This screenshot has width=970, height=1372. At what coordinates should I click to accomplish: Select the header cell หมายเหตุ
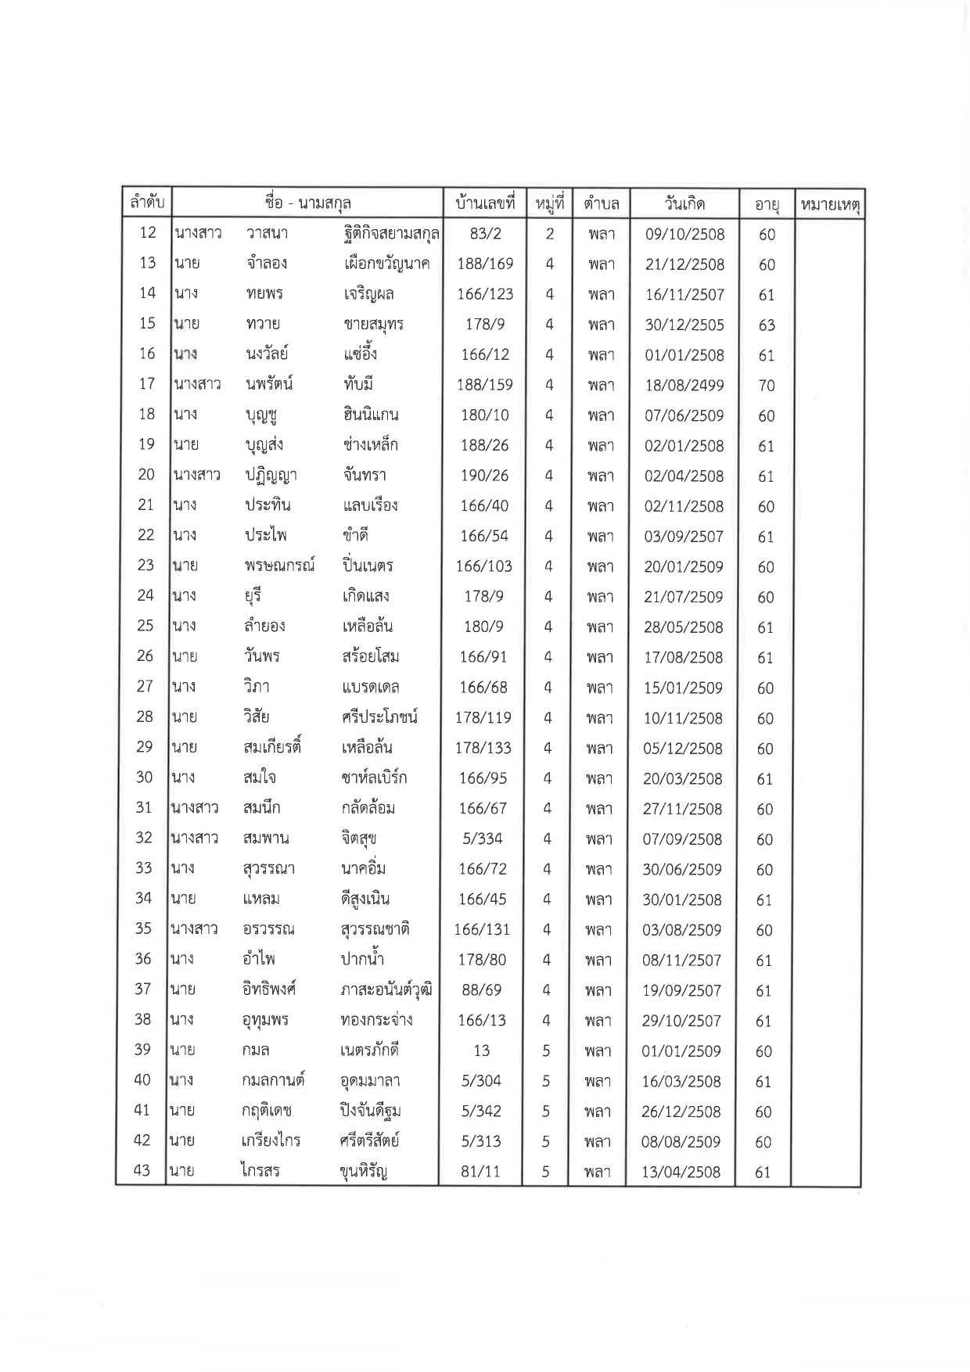[829, 205]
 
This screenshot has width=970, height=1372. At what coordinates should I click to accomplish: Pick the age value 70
[767, 386]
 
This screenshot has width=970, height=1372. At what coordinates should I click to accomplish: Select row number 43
[142, 1171]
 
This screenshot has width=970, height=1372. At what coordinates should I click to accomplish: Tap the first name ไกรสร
[261, 1171]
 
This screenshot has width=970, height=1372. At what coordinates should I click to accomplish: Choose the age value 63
[767, 325]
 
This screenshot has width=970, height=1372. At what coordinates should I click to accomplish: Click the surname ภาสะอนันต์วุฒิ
[386, 990]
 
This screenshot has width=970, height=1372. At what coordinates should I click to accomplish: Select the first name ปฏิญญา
[270, 475]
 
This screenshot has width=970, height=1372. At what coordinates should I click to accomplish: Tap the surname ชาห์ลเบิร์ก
[374, 778]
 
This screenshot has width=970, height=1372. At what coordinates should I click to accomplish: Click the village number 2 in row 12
[550, 233]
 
